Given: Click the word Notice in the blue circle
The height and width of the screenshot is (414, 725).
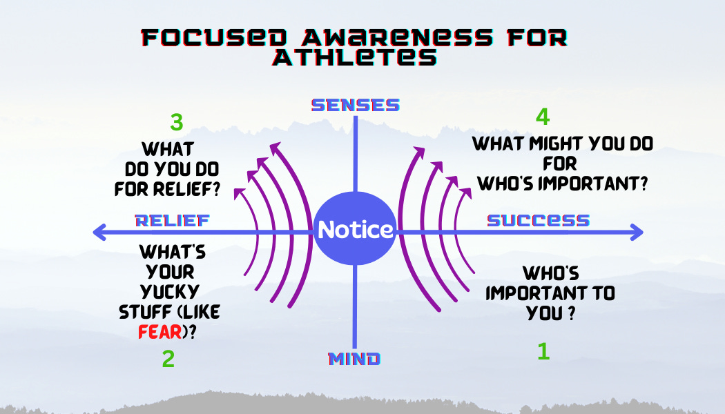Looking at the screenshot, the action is pos(356,229).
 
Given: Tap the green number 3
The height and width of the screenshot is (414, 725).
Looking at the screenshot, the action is pos(177,122).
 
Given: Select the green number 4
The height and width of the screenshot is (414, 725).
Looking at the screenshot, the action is pos(543,117).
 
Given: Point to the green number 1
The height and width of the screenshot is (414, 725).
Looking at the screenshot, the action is pos(544,351).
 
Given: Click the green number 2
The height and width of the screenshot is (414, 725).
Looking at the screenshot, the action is pos(168,359).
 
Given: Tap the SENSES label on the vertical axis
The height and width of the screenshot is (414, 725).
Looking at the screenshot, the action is pos(356,105).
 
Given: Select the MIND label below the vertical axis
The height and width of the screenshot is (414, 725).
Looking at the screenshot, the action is pos(355,359).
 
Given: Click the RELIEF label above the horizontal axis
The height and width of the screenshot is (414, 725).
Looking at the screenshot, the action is pos(173,220).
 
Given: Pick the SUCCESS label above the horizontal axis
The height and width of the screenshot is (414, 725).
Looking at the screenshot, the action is pos(539,220).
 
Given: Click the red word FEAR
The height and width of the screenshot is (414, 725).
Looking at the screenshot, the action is pos(160,332).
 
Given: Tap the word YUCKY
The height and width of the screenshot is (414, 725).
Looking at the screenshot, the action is pos(170,292).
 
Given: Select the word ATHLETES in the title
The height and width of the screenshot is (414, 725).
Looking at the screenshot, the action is pos(355,57).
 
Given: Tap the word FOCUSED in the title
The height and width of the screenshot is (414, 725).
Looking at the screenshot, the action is pos(214,37).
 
